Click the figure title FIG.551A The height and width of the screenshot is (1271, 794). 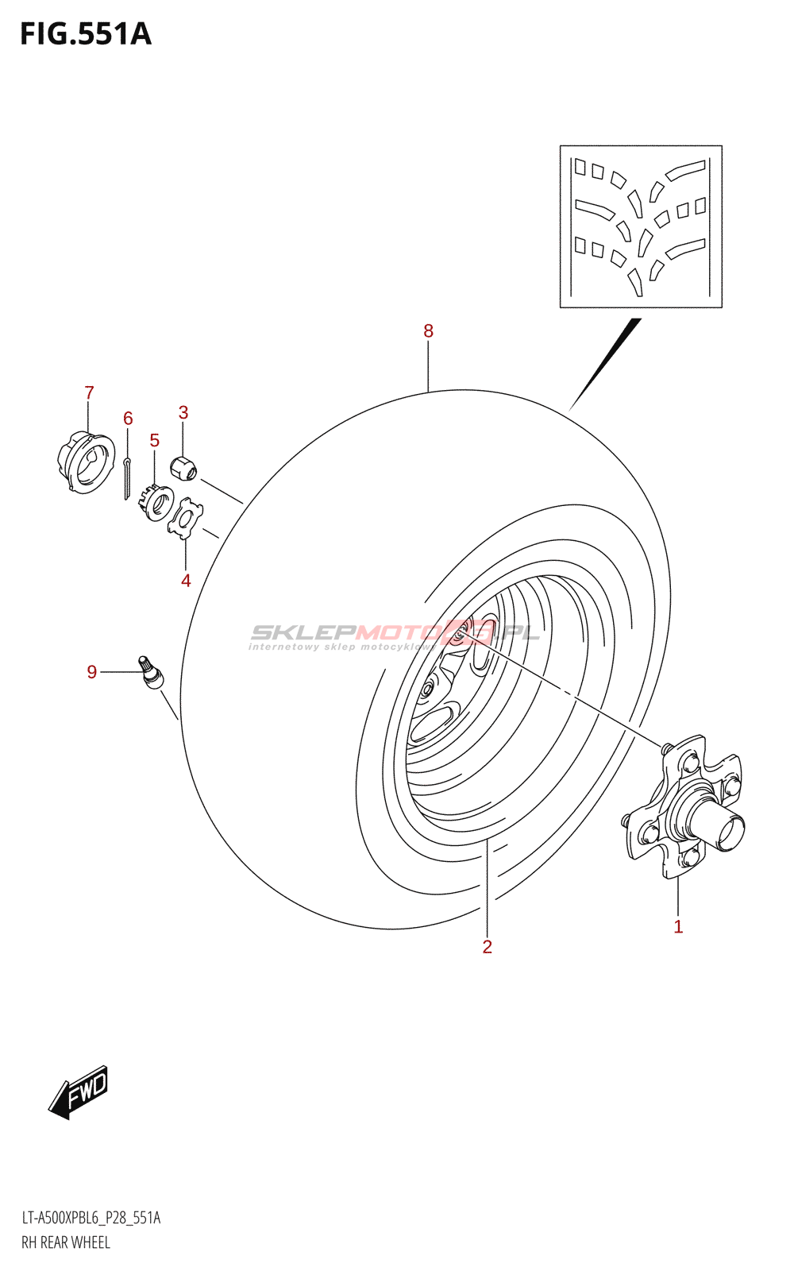[x=86, y=34]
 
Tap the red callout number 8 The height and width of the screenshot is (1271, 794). [x=428, y=331]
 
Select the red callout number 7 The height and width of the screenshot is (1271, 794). [x=89, y=392]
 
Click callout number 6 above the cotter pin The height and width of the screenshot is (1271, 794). [x=128, y=418]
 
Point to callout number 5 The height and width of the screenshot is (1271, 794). [x=154, y=440]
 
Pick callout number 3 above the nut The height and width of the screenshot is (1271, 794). [x=183, y=412]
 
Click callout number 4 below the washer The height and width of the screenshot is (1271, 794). [x=186, y=581]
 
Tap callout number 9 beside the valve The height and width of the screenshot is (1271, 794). [x=92, y=672]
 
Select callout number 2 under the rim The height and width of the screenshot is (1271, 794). [x=487, y=946]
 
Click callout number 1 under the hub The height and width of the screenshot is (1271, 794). [x=678, y=926]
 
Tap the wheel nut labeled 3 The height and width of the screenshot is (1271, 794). [x=184, y=468]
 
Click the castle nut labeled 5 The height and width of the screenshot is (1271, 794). [x=160, y=502]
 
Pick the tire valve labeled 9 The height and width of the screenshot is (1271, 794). [x=151, y=671]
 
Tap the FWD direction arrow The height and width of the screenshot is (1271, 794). [x=79, y=1091]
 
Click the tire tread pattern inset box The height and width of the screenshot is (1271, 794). [x=641, y=226]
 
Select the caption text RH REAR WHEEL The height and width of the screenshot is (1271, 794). [x=66, y=1243]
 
